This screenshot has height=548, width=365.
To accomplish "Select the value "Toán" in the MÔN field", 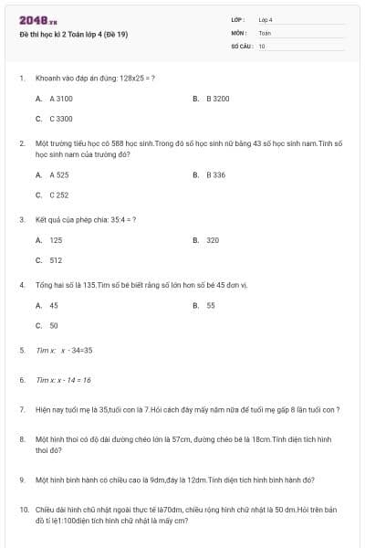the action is point(265,33).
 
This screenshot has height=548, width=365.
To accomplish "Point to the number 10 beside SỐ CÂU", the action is point(262,46).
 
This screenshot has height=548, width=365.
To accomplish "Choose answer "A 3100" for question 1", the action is point(61,98).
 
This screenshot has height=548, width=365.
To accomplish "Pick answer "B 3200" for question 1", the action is point(217,98).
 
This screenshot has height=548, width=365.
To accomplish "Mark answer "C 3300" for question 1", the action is point(61,119).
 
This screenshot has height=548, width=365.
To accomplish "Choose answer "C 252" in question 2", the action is point(59,195).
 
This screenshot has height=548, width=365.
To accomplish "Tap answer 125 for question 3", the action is point(56,240).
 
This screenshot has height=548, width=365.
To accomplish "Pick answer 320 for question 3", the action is point(213,240).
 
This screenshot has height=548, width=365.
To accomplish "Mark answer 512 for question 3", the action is point(56,260).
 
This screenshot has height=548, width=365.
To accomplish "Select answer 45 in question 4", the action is point(54,305).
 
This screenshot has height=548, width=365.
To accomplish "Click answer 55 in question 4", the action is point(211,305).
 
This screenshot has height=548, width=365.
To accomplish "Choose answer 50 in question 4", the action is point(54,325).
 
